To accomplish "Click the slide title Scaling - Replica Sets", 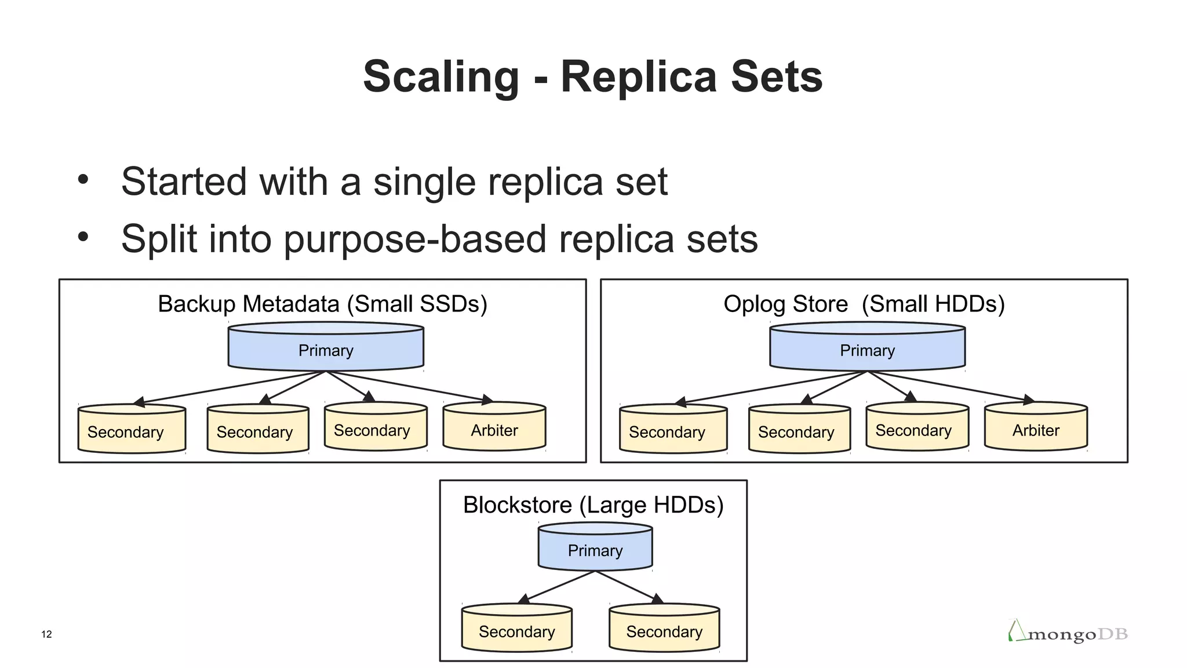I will click(x=592, y=77).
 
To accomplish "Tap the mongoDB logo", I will click(x=1068, y=632).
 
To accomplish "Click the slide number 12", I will click(x=46, y=634).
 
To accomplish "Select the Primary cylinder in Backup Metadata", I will click(x=326, y=350).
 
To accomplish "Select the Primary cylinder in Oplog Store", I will click(x=867, y=350).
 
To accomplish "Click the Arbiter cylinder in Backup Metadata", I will click(x=494, y=430).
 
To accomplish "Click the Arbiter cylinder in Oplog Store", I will click(x=1036, y=430).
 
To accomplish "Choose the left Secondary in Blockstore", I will click(x=516, y=631).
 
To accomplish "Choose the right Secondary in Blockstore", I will click(x=664, y=631).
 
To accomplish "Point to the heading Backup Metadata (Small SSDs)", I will click(x=322, y=304).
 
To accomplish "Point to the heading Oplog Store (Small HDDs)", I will click(x=864, y=304).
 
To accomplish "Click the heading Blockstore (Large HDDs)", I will click(x=593, y=505).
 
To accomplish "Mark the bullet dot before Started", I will click(x=83, y=179).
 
